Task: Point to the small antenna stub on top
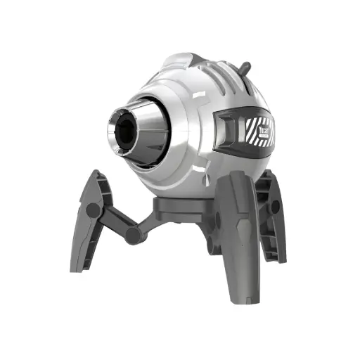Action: tap(245, 68)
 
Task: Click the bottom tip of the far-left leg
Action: tap(76, 269)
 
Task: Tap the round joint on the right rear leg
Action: tap(275, 207)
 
